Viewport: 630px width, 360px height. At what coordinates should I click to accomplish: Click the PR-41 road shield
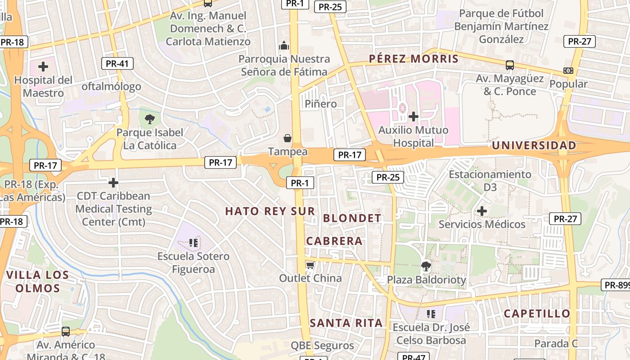(x=117, y=63)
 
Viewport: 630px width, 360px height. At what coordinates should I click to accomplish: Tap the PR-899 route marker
(x=616, y=285)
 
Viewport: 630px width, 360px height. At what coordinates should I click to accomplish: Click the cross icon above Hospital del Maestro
(x=43, y=67)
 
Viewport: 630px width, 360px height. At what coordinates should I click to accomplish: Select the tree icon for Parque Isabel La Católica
(x=150, y=119)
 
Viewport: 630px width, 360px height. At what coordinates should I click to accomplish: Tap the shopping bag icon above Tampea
(x=288, y=138)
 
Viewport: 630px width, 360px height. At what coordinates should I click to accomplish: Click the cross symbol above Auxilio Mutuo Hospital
(x=413, y=117)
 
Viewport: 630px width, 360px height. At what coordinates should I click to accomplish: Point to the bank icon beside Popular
(x=568, y=71)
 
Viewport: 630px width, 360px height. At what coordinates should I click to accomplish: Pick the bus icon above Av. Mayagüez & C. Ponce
(x=509, y=65)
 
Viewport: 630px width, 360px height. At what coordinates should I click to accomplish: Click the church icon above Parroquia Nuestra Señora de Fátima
(x=284, y=45)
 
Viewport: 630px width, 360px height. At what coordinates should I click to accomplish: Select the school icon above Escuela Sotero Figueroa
(x=193, y=243)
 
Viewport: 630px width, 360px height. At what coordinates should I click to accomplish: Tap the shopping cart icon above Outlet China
(x=310, y=265)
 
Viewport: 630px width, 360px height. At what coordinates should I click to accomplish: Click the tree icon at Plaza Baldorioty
(x=426, y=266)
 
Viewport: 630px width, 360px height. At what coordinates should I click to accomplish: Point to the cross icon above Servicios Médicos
(x=482, y=211)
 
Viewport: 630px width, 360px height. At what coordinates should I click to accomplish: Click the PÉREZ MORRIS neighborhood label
(x=414, y=58)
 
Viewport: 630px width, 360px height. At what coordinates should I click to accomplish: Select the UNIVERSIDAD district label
(x=534, y=145)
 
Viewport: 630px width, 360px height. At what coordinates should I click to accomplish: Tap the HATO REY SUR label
(x=270, y=211)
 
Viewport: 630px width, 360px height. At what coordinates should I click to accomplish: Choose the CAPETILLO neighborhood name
(x=537, y=313)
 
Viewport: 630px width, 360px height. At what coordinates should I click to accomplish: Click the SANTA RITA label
(x=346, y=323)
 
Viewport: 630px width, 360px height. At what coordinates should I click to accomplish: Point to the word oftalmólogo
(x=111, y=86)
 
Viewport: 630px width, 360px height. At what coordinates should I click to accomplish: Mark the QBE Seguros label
(x=322, y=346)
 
